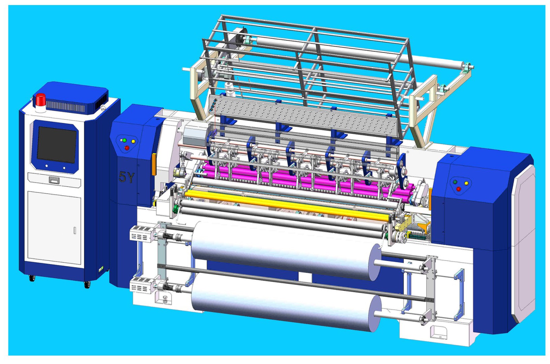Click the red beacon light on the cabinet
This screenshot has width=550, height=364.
point(41,100)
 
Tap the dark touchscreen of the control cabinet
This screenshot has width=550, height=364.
point(57,145)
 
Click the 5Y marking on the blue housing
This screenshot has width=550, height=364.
point(126,177)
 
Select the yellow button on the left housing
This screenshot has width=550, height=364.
point(133,141)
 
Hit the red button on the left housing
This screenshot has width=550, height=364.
point(127,147)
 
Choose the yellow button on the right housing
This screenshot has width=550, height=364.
point(466,183)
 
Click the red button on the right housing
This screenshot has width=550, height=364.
point(458,189)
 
